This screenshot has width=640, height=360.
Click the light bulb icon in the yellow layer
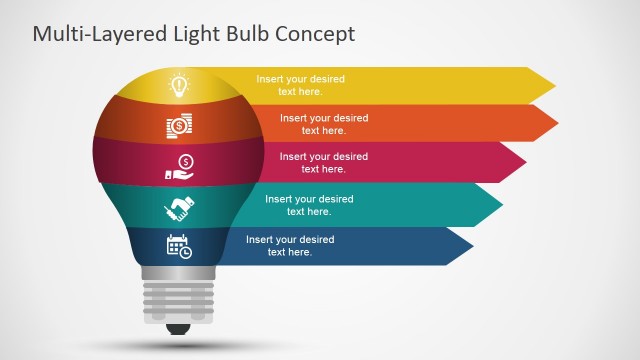coord(179,86)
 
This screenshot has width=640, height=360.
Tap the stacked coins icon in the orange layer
coord(179,127)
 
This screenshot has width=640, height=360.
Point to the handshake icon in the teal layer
coord(179,208)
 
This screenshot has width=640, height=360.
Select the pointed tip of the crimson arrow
coord(526,163)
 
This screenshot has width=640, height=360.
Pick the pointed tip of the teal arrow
coord(502,205)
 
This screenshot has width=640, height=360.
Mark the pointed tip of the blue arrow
coord(473,246)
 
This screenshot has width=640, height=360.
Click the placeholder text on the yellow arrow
coord(300,84)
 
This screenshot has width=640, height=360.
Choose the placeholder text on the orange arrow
coord(324,124)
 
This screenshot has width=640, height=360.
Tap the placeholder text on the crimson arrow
coord(323,163)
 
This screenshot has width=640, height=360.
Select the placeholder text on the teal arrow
coord(309,205)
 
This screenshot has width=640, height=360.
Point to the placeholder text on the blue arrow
coord(290,246)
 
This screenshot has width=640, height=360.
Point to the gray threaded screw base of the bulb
coord(179,299)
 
